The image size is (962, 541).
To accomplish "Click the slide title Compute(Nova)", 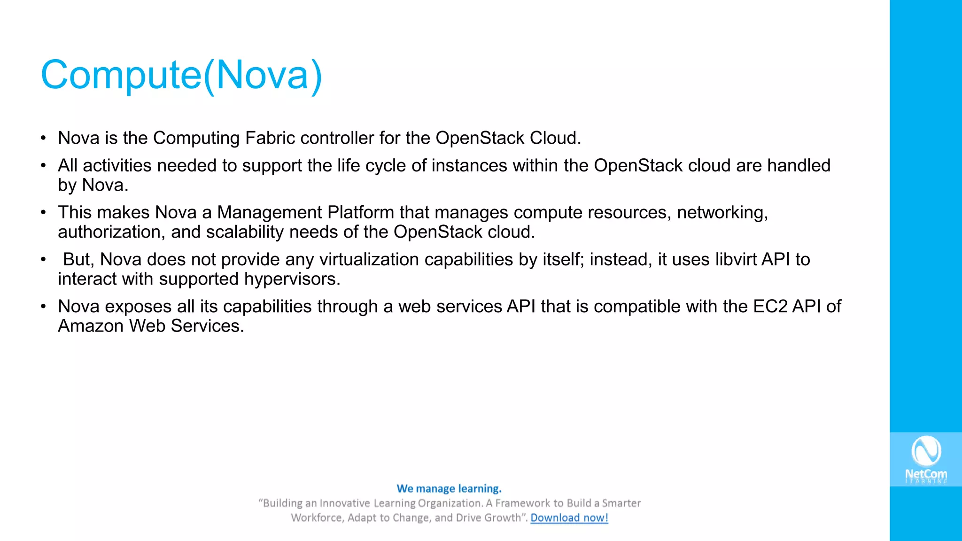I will pos(181,75).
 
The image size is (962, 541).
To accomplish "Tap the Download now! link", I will pos(569,518).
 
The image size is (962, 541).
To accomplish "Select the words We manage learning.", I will pos(449,488).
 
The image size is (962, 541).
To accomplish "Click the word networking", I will pos(722,212).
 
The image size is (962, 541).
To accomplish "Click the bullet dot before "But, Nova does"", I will pos(43,259).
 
